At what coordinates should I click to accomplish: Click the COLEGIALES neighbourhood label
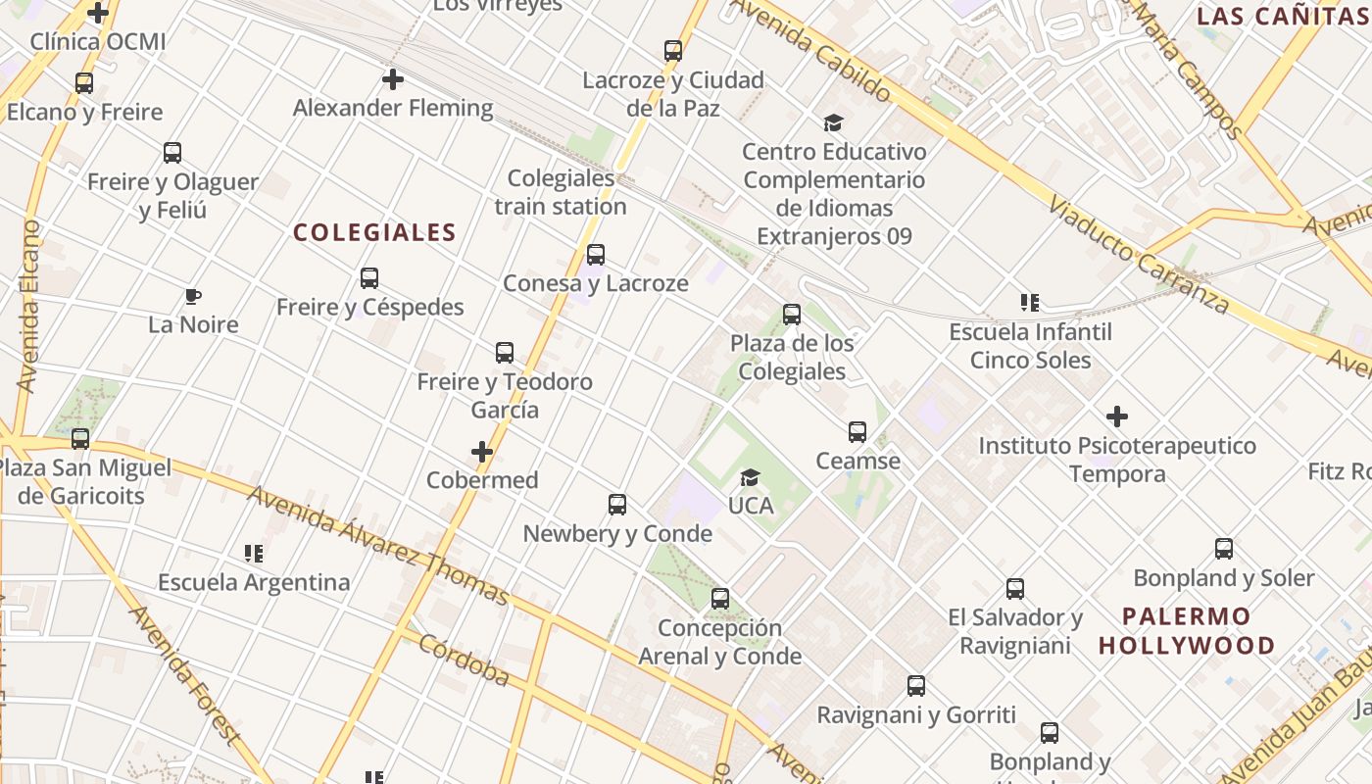(x=374, y=232)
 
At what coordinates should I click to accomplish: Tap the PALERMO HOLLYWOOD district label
(x=1187, y=631)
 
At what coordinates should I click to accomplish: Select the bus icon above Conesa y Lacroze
(x=595, y=255)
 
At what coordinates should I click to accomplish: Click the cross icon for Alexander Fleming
(x=393, y=79)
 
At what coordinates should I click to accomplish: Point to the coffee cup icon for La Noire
(x=193, y=296)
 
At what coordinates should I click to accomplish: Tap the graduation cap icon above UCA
(x=751, y=477)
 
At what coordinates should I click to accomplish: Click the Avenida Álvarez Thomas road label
(x=377, y=545)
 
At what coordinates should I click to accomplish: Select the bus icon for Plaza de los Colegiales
(x=792, y=315)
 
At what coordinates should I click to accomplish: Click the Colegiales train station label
(x=561, y=192)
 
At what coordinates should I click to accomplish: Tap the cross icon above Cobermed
(x=482, y=452)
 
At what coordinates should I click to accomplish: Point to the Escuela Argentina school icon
(x=254, y=554)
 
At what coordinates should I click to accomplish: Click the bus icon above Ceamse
(x=857, y=432)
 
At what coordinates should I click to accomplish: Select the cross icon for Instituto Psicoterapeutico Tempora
(x=1117, y=416)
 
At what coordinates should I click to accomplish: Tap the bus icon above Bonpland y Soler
(x=1224, y=549)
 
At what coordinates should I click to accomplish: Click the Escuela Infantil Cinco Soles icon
(x=1030, y=303)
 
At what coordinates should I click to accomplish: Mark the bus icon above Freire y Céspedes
(x=369, y=278)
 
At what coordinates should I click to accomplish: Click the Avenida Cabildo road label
(x=810, y=49)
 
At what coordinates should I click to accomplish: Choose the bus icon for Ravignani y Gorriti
(x=916, y=686)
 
